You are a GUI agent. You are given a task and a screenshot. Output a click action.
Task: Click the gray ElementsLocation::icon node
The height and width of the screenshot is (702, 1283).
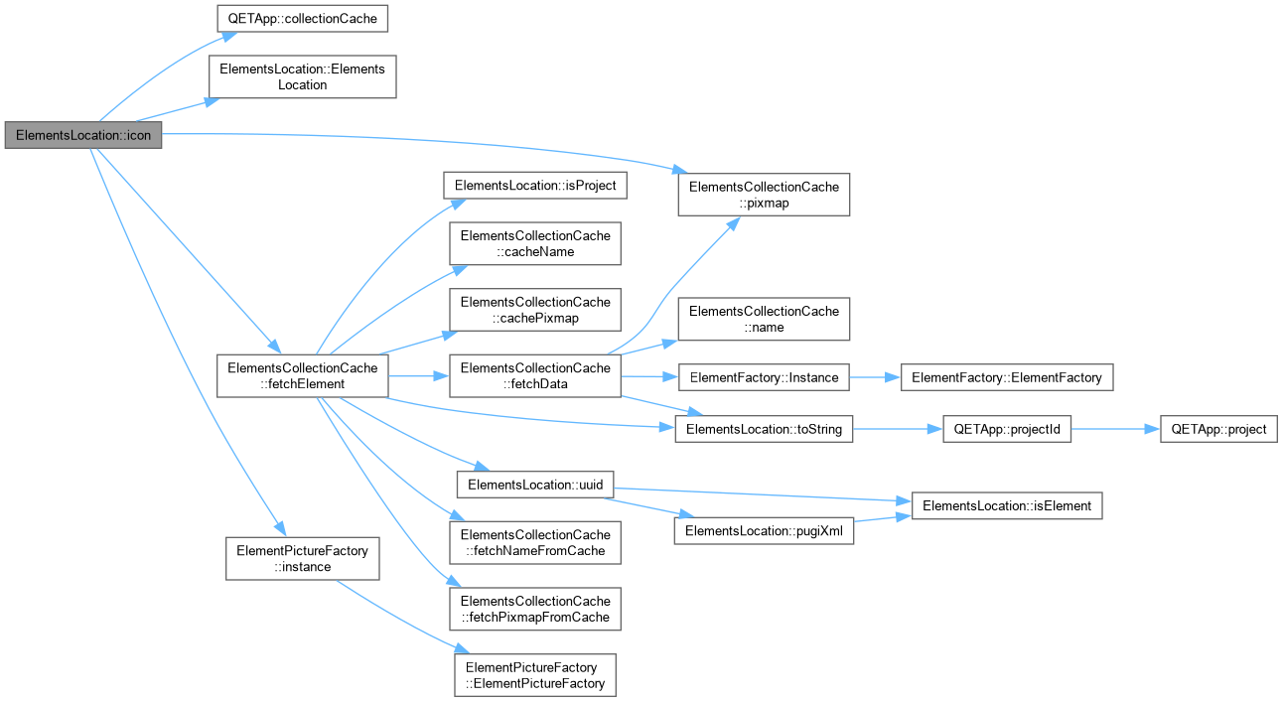pos(83,135)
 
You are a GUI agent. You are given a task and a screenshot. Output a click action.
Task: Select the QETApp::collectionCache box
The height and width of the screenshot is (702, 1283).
pos(303,18)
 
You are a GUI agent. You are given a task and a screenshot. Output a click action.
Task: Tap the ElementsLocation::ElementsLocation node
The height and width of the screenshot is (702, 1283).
pos(303,76)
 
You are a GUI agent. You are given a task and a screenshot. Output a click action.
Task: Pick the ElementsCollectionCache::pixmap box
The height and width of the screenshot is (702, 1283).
pos(764,195)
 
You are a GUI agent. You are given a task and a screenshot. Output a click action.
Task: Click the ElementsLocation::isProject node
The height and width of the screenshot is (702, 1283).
pos(535,186)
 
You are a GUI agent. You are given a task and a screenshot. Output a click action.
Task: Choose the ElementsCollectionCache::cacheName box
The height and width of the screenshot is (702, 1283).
pos(535,243)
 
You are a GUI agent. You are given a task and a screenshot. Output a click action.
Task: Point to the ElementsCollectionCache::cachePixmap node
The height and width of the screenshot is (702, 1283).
pos(535,310)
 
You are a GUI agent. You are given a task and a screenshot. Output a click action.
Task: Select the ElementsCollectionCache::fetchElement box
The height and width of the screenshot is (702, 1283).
pos(303,376)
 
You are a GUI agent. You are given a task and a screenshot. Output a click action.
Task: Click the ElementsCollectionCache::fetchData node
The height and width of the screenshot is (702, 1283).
pos(535,376)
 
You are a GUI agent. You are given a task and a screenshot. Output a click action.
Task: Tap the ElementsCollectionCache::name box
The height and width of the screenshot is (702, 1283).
pos(764,319)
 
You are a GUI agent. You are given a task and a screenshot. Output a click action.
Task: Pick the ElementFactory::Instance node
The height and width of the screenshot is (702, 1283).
pos(764,377)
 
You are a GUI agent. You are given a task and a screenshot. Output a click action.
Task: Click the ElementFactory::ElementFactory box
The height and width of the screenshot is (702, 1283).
pos(1007,377)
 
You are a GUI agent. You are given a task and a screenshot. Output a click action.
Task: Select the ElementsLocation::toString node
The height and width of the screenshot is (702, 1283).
pos(764,429)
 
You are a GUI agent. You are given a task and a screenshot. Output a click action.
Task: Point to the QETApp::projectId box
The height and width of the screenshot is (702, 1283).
pos(1007,429)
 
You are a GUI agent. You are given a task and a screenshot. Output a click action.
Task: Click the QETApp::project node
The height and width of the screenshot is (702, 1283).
pos(1218,429)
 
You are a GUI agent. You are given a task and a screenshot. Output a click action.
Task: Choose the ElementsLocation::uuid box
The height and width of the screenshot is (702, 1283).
pos(535,485)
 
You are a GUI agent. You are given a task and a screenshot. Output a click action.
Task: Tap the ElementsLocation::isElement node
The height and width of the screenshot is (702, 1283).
pos(1007,505)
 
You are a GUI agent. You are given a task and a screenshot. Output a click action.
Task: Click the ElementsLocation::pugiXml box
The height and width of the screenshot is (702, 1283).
pos(764,531)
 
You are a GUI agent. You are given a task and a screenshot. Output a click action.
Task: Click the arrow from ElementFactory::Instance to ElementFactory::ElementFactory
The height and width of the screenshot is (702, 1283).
pos(875,377)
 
